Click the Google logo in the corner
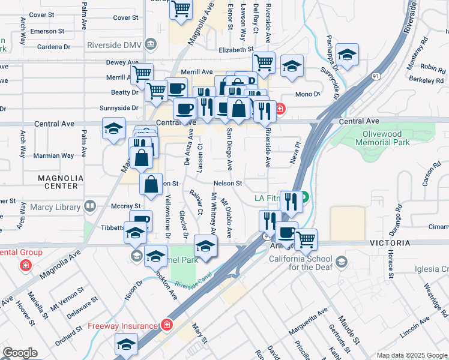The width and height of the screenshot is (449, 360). coord(20,353)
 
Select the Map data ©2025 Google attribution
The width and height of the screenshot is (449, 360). coord(412,355)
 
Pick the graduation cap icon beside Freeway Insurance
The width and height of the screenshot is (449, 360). coord(126,344)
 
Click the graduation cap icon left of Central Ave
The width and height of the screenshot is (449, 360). coord(113,128)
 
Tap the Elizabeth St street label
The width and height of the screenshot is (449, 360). coord(237,50)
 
